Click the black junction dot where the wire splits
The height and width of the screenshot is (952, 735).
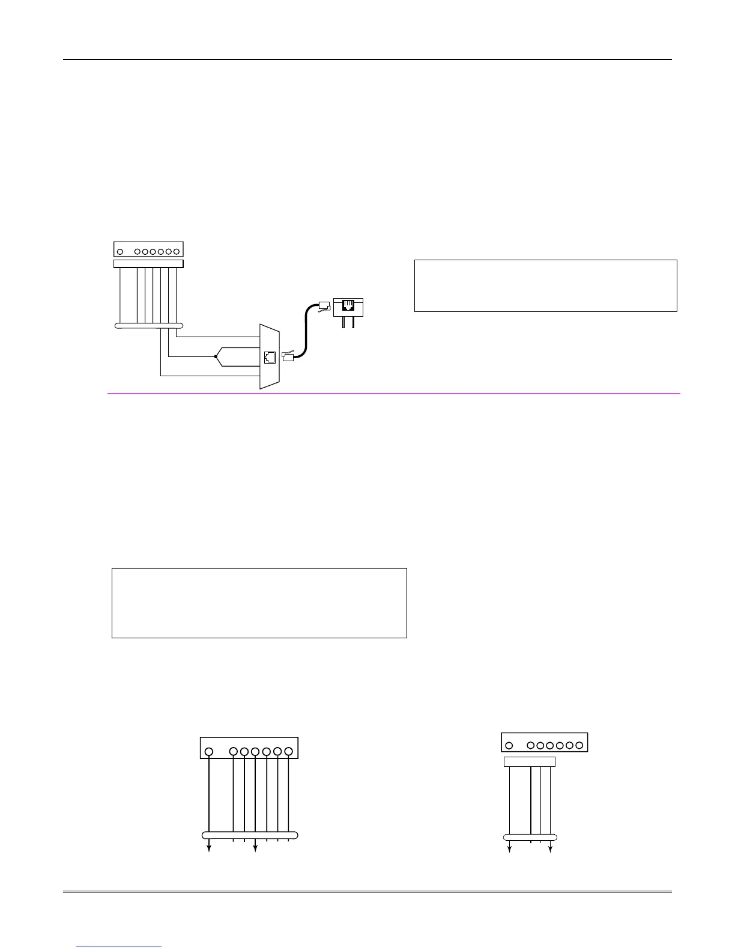[x=215, y=356]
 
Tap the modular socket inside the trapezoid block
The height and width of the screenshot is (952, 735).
[x=270, y=356]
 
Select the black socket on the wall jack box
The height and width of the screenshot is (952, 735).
[x=348, y=306]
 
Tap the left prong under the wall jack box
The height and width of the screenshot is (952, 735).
[x=343, y=322]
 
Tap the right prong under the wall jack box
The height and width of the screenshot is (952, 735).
[x=354, y=322]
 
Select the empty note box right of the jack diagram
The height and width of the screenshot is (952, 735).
[x=545, y=285]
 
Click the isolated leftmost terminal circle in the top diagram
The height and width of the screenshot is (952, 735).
[x=121, y=252]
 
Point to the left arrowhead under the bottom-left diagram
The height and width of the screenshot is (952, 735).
[x=209, y=848]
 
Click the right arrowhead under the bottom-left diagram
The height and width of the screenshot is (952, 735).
[x=256, y=848]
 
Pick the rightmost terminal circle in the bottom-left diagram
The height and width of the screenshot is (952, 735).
[x=289, y=751]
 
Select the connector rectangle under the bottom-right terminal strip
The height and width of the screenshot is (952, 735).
[x=529, y=761]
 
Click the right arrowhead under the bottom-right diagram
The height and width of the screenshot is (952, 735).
[x=550, y=849]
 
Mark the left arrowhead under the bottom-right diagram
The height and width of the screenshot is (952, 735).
[x=510, y=849]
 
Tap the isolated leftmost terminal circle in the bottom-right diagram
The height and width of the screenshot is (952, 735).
[x=509, y=745]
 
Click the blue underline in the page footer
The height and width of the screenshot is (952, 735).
[x=119, y=947]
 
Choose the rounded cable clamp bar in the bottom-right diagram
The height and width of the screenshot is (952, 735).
[x=530, y=837]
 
